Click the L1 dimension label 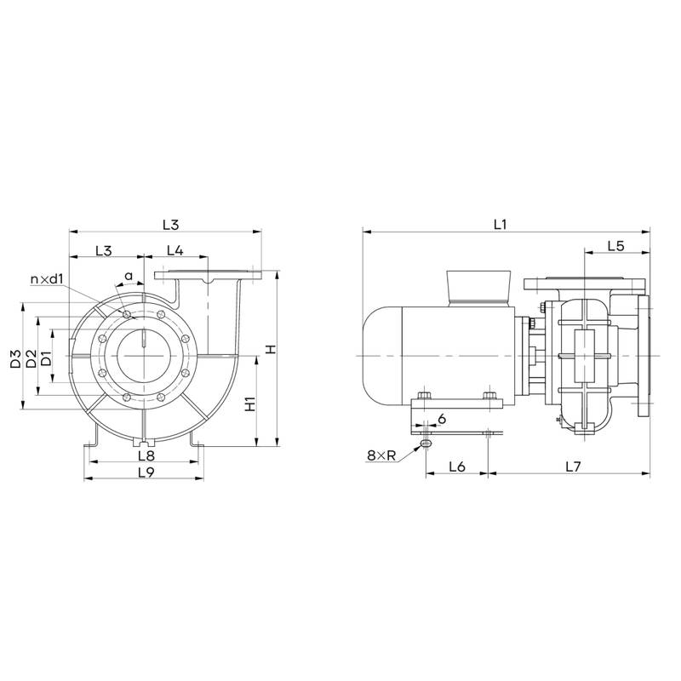501,224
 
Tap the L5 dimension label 615,246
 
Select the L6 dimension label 457,466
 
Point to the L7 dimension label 573,466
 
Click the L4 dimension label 175,250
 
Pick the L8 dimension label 146,455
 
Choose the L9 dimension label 146,472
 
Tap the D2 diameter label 31,358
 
